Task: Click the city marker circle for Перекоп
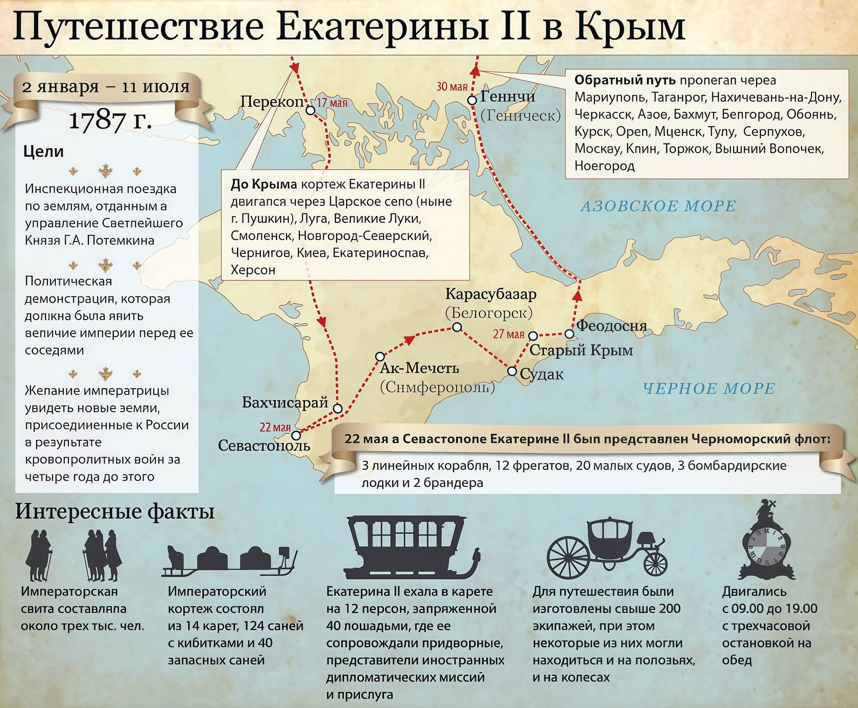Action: click(x=311, y=110)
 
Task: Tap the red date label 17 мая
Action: click(x=332, y=103)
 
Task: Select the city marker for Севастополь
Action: click(x=296, y=436)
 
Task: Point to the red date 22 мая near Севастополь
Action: click(x=275, y=427)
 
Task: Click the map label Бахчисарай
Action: click(x=284, y=403)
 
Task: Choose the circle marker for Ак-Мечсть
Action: click(x=380, y=356)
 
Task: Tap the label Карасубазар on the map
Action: click(x=490, y=294)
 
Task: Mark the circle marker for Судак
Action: click(x=512, y=371)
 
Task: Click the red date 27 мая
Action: click(x=509, y=334)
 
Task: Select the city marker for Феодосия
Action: click(x=569, y=334)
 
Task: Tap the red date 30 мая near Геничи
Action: click(x=452, y=87)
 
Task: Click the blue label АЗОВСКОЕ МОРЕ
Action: click(x=658, y=206)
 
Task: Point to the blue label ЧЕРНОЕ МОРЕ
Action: click(x=709, y=388)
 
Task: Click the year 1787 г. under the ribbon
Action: click(x=110, y=121)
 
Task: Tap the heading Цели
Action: click(x=43, y=152)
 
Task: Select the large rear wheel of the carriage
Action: click(x=568, y=556)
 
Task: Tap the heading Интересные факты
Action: click(x=114, y=511)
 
